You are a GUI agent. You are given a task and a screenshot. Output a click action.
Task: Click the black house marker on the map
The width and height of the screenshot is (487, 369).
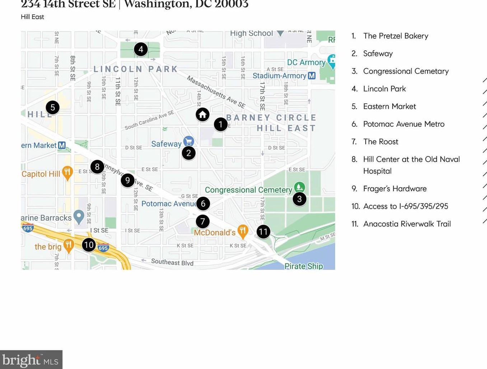202,115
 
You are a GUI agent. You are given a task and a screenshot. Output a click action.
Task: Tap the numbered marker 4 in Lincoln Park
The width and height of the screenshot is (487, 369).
141,49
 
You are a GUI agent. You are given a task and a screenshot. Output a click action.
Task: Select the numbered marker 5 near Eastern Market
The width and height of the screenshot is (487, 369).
53,107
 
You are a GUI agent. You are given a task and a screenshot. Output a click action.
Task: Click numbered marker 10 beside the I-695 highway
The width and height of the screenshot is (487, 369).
89,245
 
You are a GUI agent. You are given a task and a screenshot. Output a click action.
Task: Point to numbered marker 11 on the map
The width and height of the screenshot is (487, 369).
263,232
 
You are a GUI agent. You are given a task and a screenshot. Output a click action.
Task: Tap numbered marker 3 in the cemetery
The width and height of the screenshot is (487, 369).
299,199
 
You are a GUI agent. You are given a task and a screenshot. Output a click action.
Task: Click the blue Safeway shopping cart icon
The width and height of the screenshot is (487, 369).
188,141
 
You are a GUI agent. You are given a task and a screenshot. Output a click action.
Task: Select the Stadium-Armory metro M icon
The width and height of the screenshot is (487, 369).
312,76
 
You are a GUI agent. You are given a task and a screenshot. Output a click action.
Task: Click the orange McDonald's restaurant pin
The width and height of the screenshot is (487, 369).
243,232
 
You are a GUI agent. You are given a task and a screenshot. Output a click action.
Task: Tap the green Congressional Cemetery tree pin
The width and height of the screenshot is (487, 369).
299,187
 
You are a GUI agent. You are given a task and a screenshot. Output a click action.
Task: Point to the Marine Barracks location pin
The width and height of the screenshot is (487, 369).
79,216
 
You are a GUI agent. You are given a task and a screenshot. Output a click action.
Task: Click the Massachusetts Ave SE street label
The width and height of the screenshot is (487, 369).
216,92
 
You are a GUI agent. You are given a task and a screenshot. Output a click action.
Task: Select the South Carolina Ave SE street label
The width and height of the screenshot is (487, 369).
149,120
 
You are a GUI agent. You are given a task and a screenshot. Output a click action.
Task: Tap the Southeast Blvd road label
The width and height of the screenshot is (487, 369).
172,262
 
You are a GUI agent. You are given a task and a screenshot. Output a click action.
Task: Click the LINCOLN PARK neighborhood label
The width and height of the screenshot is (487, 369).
136,69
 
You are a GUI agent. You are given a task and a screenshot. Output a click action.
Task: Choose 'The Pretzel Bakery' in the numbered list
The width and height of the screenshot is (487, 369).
395,36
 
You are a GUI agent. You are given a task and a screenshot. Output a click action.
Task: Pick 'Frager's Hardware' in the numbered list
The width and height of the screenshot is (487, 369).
395,189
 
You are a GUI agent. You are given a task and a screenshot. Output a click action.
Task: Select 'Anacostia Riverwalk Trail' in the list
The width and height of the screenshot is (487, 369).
407,224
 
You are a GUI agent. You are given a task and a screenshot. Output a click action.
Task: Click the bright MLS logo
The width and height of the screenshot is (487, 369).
31,360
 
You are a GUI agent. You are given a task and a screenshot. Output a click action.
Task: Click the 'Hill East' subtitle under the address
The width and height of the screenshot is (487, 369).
32,17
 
